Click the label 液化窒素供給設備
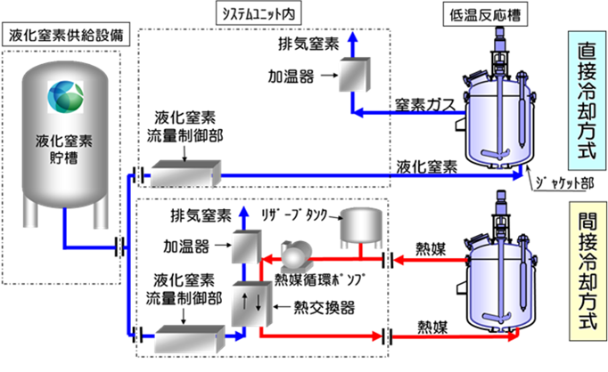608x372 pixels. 75,35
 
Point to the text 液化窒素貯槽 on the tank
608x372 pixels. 65,151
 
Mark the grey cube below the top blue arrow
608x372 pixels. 351,75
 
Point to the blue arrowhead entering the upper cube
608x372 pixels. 359,112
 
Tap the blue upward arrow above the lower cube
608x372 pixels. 242,215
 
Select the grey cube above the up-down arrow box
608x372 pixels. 244,246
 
